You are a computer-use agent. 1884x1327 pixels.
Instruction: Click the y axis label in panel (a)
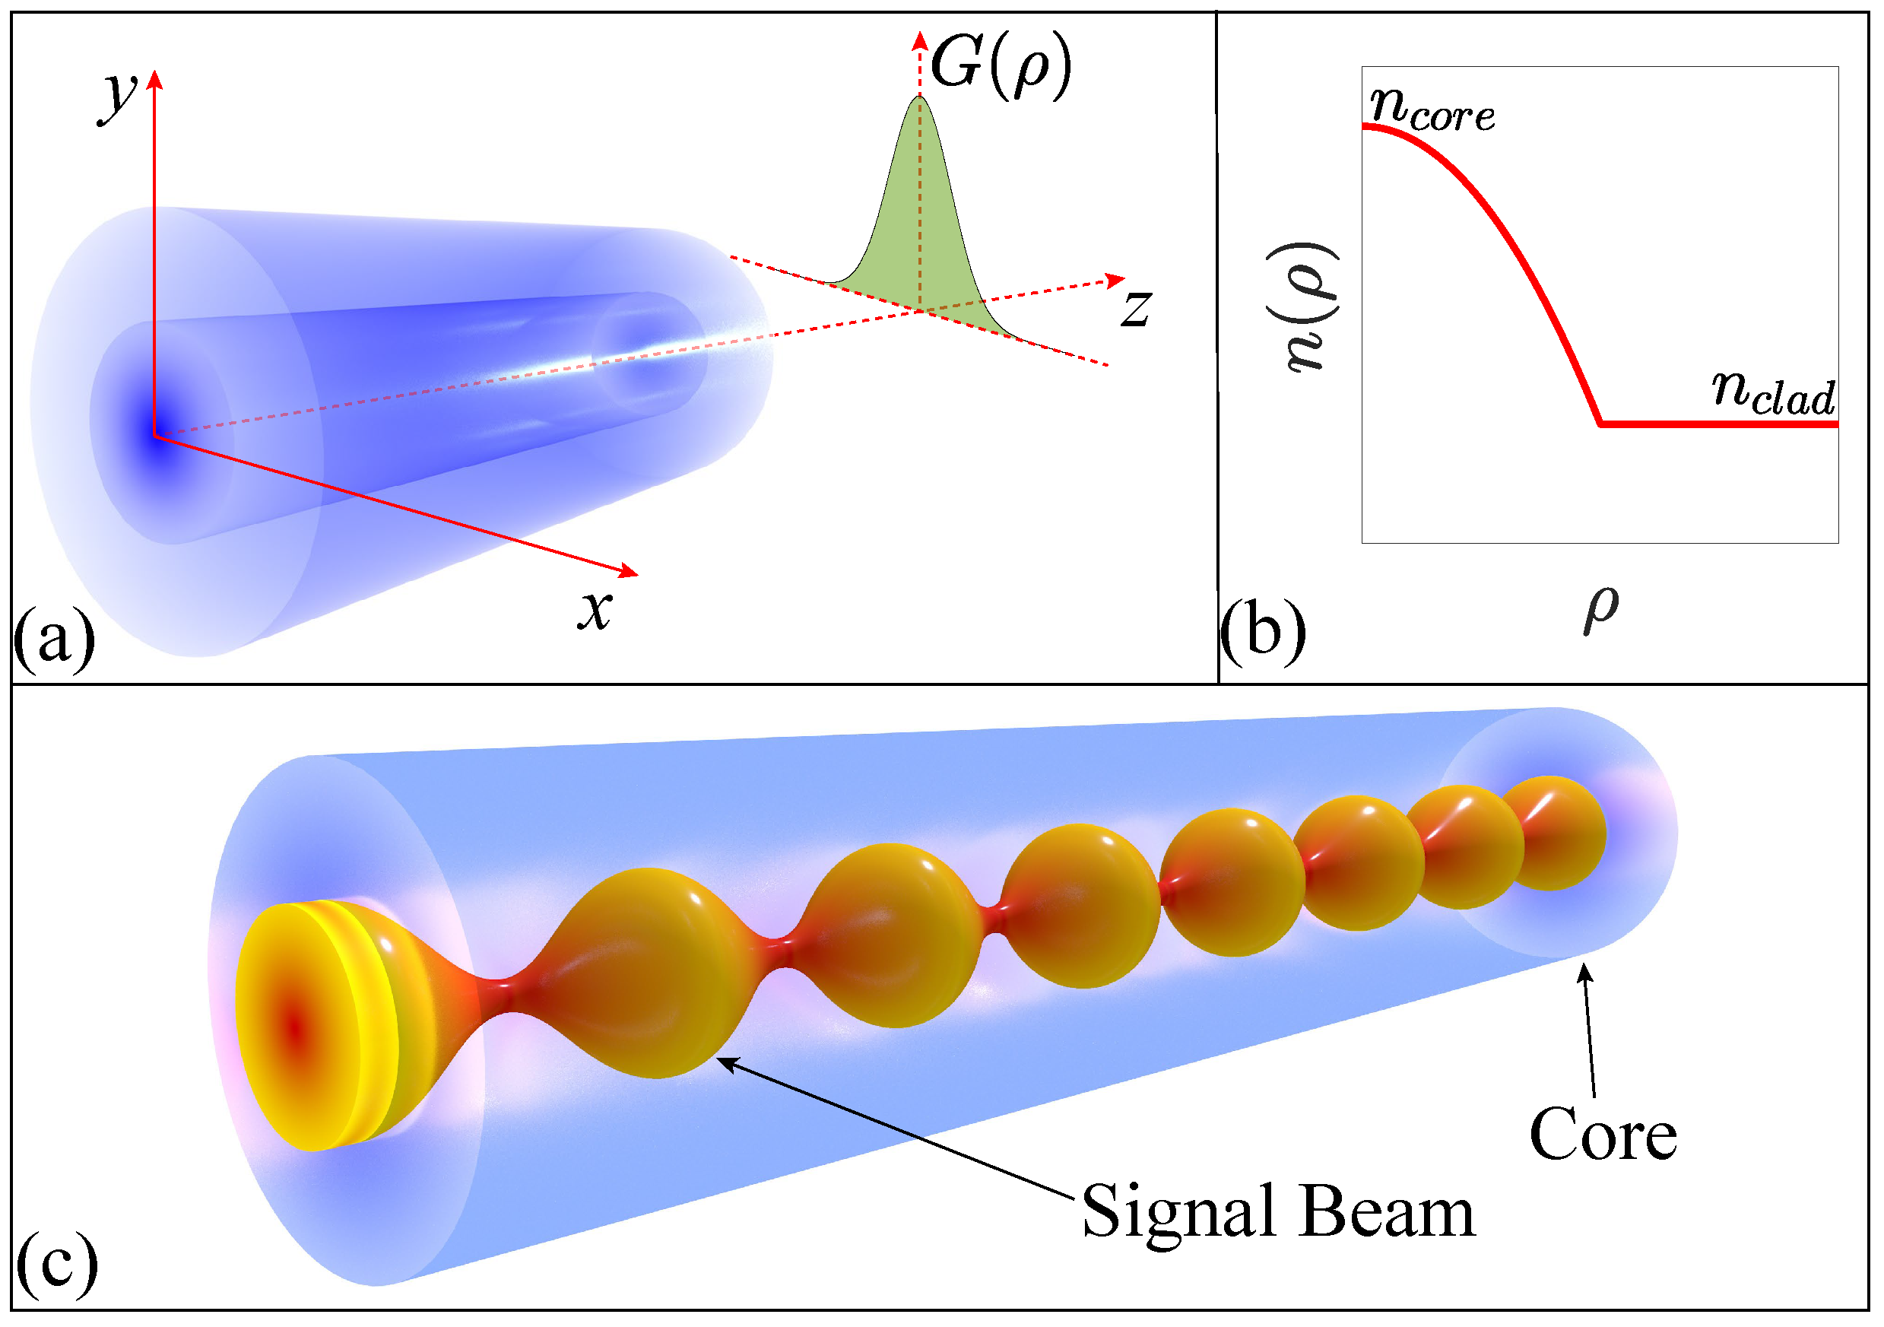click(118, 97)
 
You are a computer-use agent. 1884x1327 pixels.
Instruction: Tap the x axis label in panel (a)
click(595, 610)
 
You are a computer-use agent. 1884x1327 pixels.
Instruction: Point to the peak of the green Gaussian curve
click(920, 97)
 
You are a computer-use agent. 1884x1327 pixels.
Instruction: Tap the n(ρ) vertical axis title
click(1305, 307)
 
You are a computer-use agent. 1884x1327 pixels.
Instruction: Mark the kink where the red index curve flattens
click(1601, 424)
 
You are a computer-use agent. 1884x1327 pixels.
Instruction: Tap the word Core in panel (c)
click(1603, 1134)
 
